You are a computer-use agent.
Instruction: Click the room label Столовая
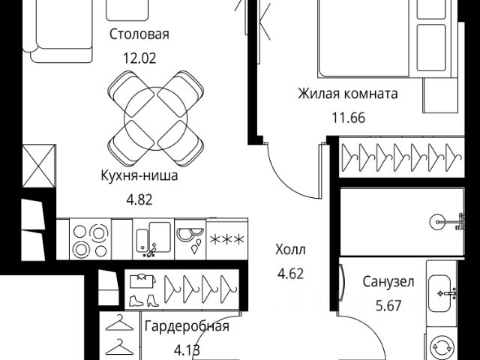[x=139, y=34]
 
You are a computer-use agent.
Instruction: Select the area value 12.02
[x=139, y=58]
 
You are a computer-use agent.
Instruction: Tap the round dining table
[x=156, y=118]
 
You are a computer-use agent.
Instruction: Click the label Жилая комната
[x=348, y=94]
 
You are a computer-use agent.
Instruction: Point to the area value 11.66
[x=349, y=118]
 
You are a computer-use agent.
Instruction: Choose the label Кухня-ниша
[x=139, y=176]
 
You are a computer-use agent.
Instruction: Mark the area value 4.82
[x=139, y=200]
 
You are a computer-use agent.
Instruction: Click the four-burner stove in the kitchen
[x=90, y=240]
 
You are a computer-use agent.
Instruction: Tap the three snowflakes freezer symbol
[x=226, y=240]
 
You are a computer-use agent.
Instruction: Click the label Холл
[x=290, y=250]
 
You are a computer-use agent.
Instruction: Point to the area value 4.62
[x=290, y=273]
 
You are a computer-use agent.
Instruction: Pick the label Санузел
[x=388, y=282]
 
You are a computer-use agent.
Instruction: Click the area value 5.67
[x=388, y=305]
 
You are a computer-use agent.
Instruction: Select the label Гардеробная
[x=187, y=326]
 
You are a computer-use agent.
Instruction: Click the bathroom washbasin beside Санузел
[x=440, y=293]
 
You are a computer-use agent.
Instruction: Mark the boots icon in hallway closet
[x=144, y=301]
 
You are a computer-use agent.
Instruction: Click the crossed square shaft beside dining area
[x=39, y=166]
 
